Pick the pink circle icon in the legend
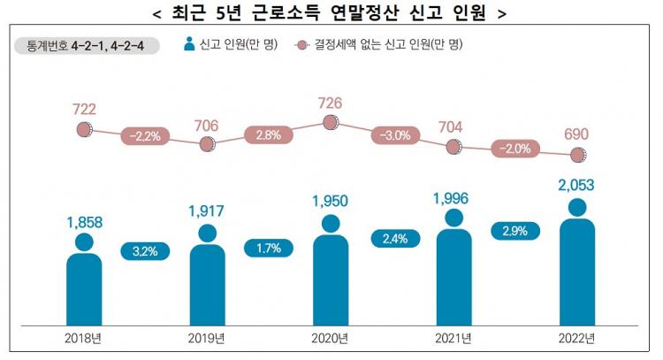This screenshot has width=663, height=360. point(303,42)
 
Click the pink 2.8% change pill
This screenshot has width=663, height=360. point(269,135)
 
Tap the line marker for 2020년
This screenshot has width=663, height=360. point(331,124)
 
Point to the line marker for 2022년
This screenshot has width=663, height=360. point(578,156)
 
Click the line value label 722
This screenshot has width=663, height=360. point(84,109)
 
